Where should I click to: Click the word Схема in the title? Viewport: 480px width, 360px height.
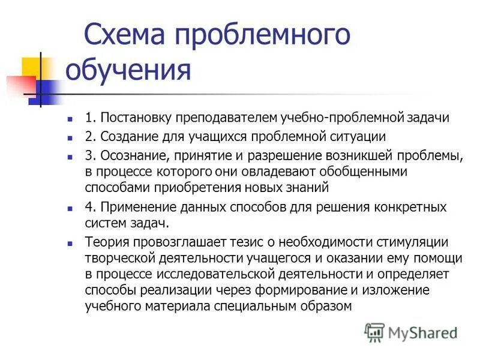123,35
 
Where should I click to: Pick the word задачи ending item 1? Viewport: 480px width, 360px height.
427,118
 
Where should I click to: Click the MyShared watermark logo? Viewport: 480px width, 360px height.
411,332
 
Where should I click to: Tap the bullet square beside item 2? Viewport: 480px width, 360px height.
71,137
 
